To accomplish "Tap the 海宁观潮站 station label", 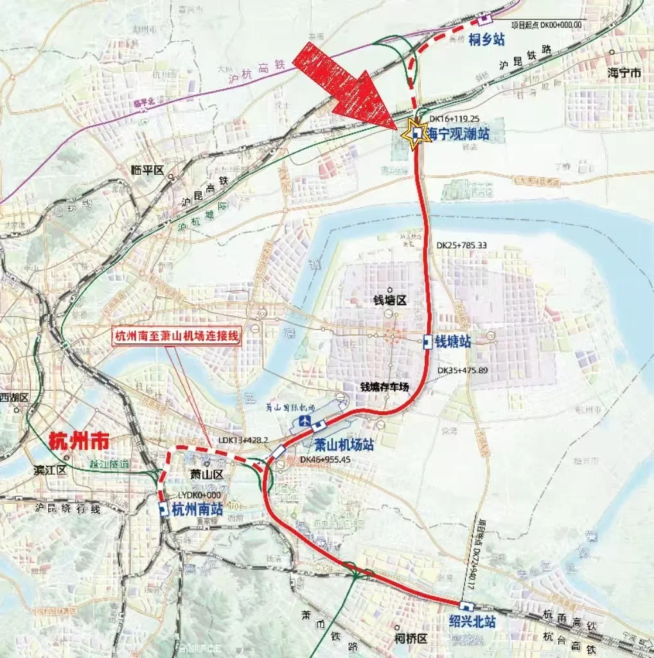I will pos(459,134).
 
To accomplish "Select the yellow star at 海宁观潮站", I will pos(413,134).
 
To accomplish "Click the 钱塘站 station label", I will pos(454,342).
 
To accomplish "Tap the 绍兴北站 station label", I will pos(473,621).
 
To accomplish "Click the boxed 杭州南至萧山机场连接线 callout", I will pos(177,337).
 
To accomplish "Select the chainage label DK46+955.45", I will pos(325,460).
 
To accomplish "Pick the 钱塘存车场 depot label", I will pos(384,387).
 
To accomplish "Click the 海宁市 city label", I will pos(624,73).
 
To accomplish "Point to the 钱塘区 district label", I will pos(389,301).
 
